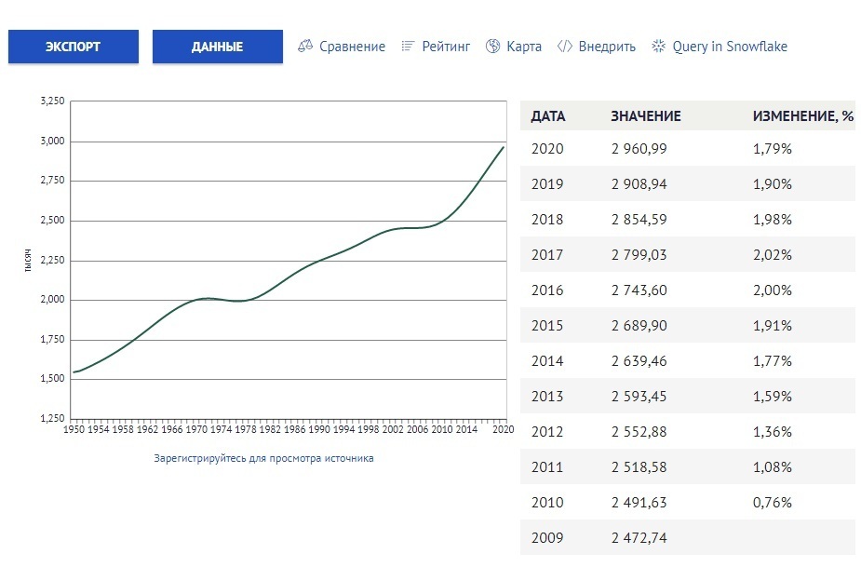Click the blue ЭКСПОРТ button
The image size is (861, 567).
[x=73, y=47]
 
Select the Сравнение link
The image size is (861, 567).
[x=342, y=47]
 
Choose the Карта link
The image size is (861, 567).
[x=514, y=47]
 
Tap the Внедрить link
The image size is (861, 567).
[x=597, y=47]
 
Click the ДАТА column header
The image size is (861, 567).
[x=547, y=116]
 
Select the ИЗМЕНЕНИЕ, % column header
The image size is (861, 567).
[x=802, y=116]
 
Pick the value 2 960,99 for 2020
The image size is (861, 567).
[x=639, y=149]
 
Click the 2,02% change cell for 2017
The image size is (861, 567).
[x=772, y=255]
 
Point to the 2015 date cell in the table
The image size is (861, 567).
[x=547, y=326]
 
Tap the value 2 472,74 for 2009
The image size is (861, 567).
[x=639, y=538]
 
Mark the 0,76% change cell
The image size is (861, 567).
[x=772, y=503]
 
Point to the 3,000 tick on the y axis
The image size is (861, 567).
[x=53, y=142]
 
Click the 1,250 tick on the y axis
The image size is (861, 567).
[x=53, y=419]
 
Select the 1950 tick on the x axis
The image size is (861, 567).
[x=74, y=430]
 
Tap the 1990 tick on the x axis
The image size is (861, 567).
[x=319, y=430]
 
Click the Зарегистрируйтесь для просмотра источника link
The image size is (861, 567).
[x=263, y=458]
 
